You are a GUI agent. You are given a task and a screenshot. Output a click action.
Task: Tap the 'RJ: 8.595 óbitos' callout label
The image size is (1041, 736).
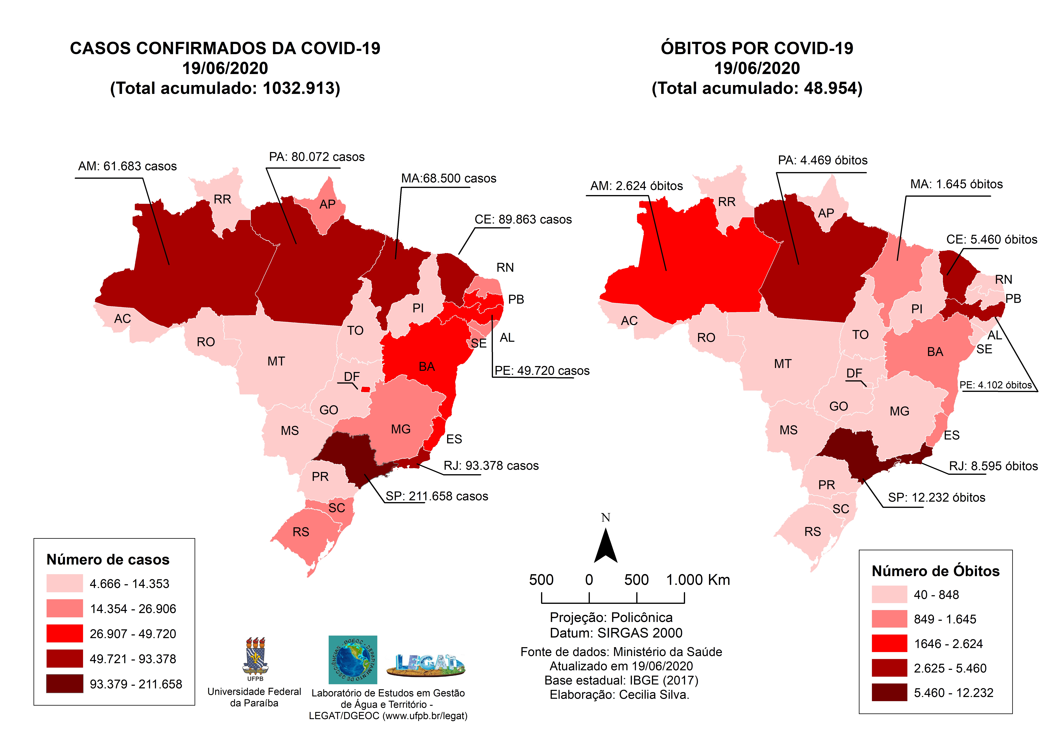pos(993,466)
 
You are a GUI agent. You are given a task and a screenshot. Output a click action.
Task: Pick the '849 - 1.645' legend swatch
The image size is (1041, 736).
pos(889,619)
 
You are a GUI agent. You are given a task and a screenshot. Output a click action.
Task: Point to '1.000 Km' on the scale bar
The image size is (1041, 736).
pos(698,580)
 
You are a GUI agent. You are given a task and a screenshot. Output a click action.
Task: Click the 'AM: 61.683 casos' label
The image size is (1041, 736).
pos(127,166)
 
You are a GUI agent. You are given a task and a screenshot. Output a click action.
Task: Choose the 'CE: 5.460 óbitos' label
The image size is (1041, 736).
pos(992,239)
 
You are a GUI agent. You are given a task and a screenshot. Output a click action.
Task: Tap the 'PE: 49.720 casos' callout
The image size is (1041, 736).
pos(542,371)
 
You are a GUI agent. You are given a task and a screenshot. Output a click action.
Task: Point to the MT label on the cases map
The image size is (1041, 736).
pos(276,361)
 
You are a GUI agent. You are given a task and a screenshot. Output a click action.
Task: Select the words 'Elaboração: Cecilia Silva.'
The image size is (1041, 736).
pos(619,695)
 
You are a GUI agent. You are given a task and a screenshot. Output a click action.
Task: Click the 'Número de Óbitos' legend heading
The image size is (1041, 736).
pos(935,571)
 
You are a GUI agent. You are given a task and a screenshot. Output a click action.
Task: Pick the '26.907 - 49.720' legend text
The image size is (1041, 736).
pos(133,634)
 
